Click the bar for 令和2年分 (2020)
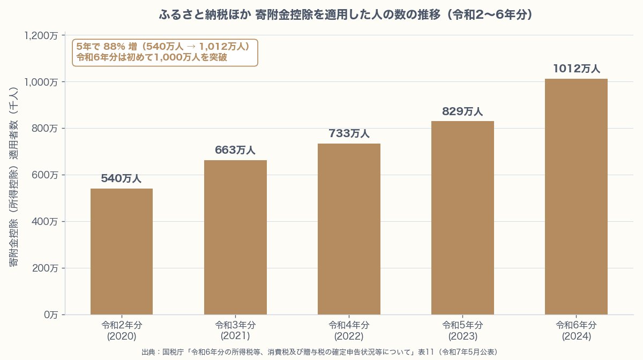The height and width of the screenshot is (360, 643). click(122, 252)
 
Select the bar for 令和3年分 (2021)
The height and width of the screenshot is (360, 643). click(235, 237)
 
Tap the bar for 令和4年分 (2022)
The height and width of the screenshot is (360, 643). click(349, 229)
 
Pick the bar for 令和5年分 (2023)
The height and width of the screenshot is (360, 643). click(462, 218)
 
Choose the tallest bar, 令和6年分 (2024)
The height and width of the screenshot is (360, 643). click(576, 197)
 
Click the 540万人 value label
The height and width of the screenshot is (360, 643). click(121, 179)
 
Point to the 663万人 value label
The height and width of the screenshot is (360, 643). click(235, 151)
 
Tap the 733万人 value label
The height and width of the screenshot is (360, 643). click(349, 134)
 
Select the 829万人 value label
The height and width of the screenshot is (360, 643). click(462, 111)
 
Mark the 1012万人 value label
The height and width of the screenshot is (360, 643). click(576, 69)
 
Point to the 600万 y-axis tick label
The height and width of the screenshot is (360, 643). click(46, 175)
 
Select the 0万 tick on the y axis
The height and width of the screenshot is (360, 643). click(51, 315)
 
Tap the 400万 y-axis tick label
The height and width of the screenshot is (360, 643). click(46, 222)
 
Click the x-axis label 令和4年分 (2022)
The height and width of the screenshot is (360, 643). click(349, 331)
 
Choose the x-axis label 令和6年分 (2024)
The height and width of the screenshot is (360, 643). click(576, 331)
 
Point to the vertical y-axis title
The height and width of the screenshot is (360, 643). click(14, 177)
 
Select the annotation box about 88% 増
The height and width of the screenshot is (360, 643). click(165, 52)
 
